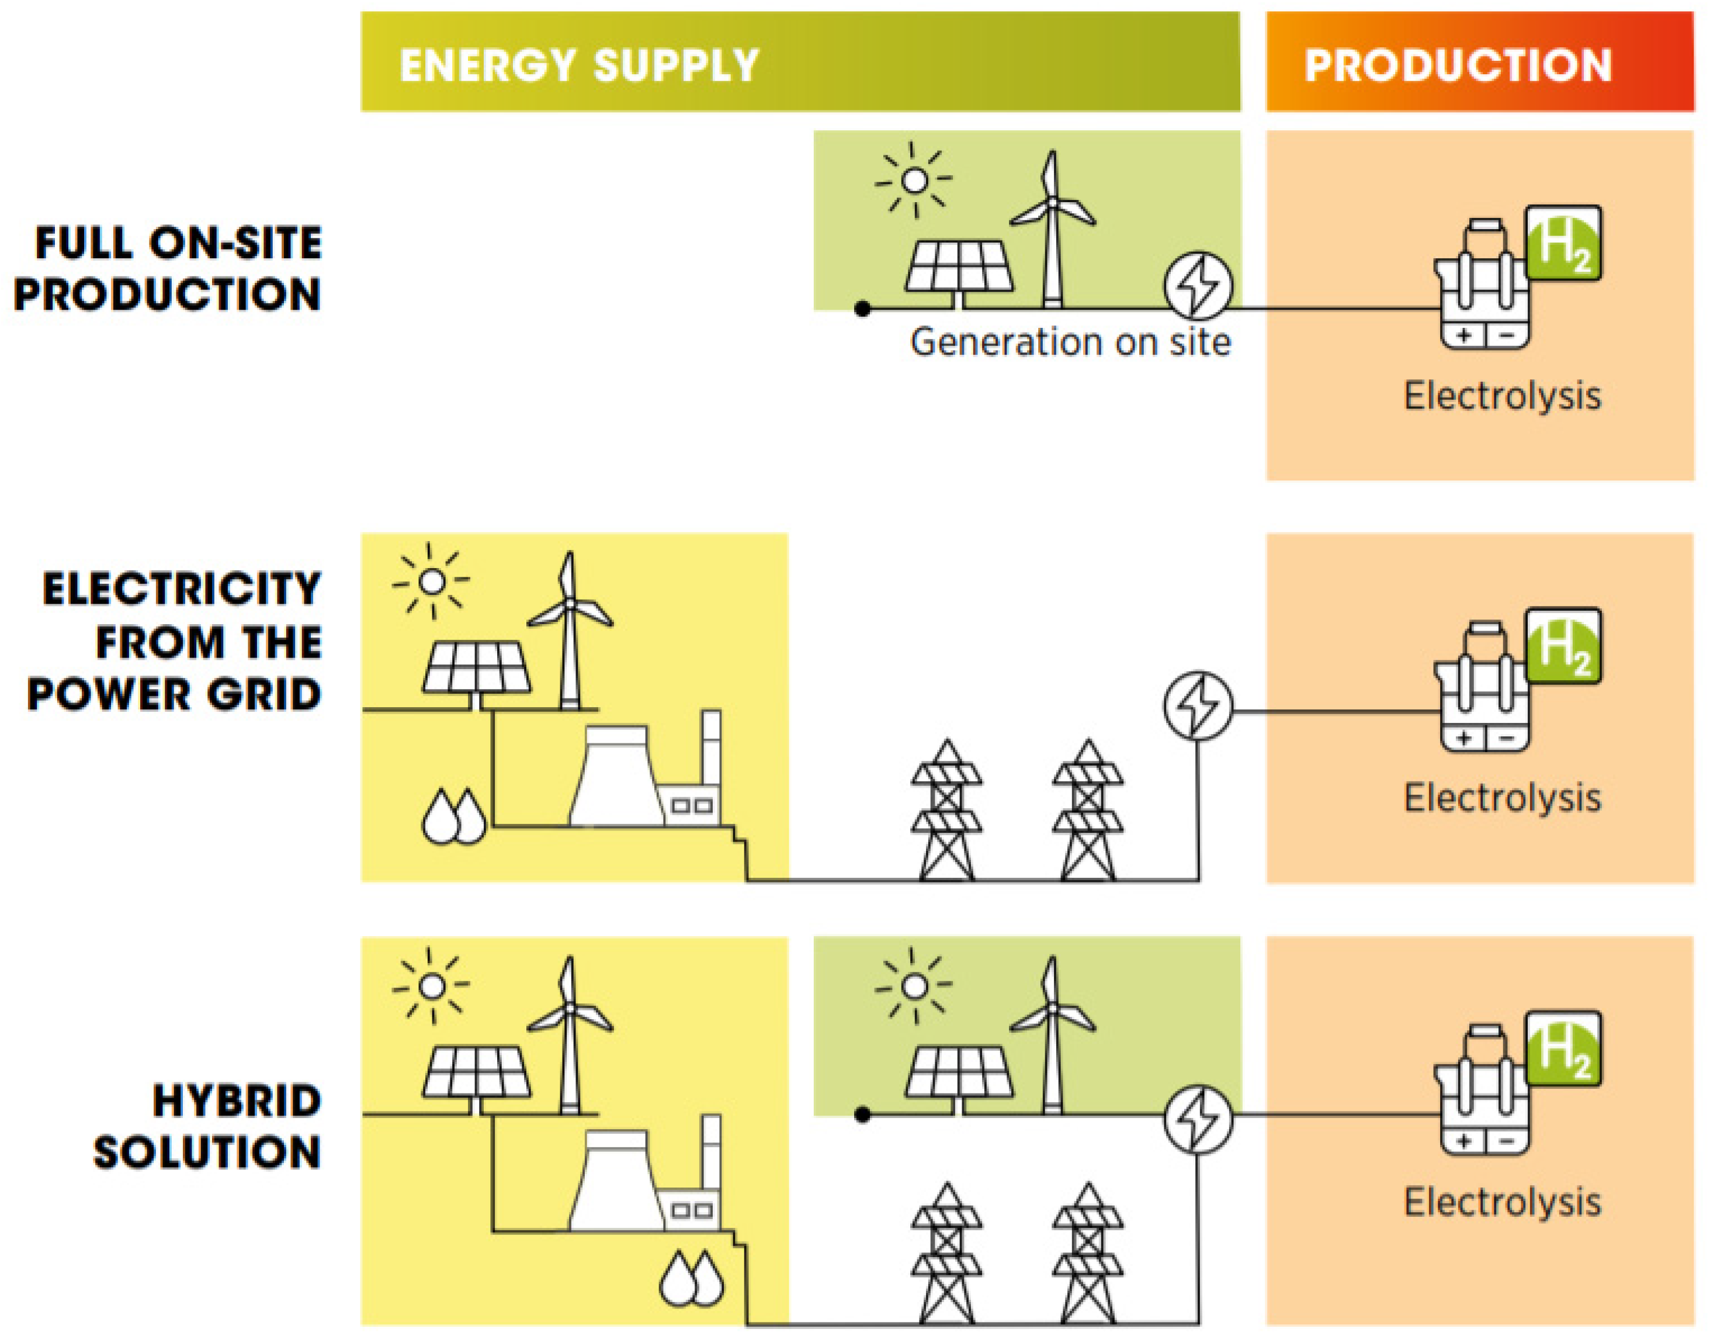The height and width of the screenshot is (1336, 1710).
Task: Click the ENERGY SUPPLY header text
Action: click(x=580, y=65)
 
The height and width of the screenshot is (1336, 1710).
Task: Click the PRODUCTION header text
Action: click(x=1458, y=65)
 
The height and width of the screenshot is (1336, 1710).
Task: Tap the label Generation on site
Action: click(x=1070, y=342)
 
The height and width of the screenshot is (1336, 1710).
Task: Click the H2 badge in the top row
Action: click(x=1563, y=244)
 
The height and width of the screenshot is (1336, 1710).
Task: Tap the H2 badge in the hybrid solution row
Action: click(x=1563, y=1050)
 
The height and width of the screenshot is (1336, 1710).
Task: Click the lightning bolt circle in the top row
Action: click(x=1197, y=285)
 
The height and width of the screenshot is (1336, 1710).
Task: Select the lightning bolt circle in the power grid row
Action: click(x=1197, y=705)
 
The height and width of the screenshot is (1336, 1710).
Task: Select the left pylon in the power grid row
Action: click(x=946, y=811)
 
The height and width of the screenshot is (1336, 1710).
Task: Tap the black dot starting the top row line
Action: click(x=863, y=309)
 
